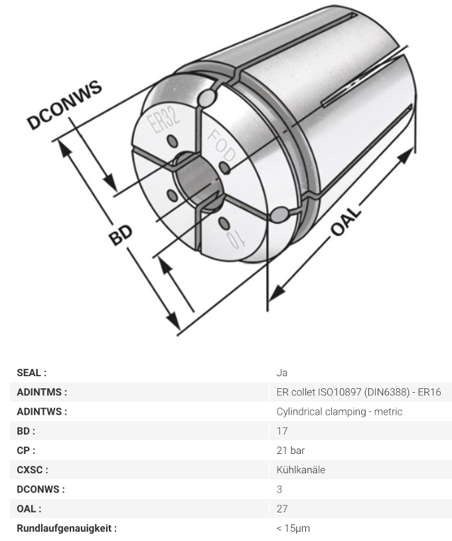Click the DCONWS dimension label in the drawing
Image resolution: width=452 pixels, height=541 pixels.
tap(64, 104)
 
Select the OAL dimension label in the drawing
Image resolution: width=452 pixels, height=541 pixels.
tap(346, 221)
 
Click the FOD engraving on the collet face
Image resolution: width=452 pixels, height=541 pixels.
tap(222, 146)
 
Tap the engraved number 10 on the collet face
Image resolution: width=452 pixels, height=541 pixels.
tap(236, 239)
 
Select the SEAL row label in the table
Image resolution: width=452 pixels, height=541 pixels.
tap(31, 373)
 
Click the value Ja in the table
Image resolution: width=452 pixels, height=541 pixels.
tap(282, 373)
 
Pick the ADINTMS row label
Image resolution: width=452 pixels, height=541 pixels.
tap(42, 392)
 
